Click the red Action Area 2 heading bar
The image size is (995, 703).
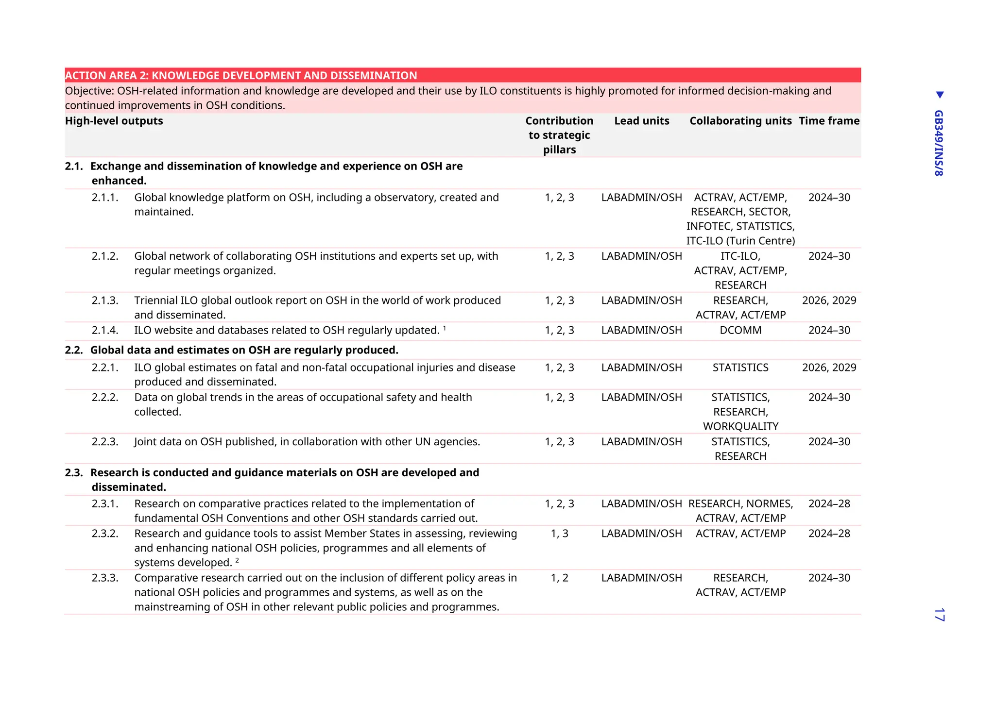(463, 75)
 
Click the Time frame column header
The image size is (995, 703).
(829, 121)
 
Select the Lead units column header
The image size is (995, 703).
(641, 121)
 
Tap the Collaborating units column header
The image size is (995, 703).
(740, 121)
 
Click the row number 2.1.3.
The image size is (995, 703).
(105, 301)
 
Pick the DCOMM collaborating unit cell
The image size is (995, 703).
(740, 330)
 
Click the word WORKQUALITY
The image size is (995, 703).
(740, 426)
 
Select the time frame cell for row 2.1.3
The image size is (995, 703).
(829, 301)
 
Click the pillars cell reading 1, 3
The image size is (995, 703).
(559, 534)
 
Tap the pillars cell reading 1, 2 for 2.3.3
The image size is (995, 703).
(559, 578)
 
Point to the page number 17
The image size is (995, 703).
(939, 614)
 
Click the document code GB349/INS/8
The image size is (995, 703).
(939, 143)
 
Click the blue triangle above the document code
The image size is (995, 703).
(940, 95)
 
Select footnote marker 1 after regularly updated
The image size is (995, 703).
(445, 328)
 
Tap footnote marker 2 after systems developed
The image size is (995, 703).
(237, 560)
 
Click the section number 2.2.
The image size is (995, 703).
(74, 350)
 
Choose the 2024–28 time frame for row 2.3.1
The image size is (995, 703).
(829, 504)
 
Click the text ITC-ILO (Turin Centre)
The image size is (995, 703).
(740, 241)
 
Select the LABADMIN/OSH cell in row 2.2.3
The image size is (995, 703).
(641, 442)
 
